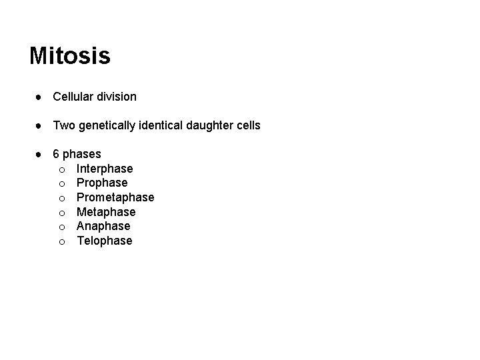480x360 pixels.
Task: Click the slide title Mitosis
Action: point(70,56)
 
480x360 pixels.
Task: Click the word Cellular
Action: point(73,97)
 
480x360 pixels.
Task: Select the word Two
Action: point(63,125)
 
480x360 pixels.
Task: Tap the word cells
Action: point(247,125)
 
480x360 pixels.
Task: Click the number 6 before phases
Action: point(57,155)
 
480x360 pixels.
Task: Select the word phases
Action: point(82,155)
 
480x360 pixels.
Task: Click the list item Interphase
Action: point(105,169)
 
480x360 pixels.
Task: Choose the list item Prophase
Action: point(102,183)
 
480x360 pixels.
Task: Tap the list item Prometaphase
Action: point(115,197)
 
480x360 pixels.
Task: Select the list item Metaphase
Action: point(106,212)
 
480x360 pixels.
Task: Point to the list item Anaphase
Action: point(103,226)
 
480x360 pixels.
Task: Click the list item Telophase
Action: point(105,241)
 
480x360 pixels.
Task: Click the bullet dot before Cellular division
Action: point(40,97)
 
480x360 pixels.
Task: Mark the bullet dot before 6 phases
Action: point(40,155)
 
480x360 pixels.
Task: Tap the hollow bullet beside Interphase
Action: point(61,169)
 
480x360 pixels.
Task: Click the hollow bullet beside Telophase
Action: point(61,241)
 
